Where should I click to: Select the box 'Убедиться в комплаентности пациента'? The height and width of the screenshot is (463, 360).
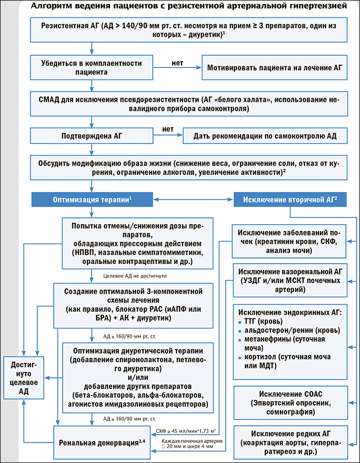tap(92, 67)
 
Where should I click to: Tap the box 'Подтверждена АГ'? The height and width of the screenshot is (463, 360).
tap(92, 136)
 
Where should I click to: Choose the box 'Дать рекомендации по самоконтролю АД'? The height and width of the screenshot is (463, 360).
tap(265, 136)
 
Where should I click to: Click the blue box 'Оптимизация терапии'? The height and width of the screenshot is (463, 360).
tap(92, 199)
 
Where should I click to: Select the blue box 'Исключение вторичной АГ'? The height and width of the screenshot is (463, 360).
tap(290, 199)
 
